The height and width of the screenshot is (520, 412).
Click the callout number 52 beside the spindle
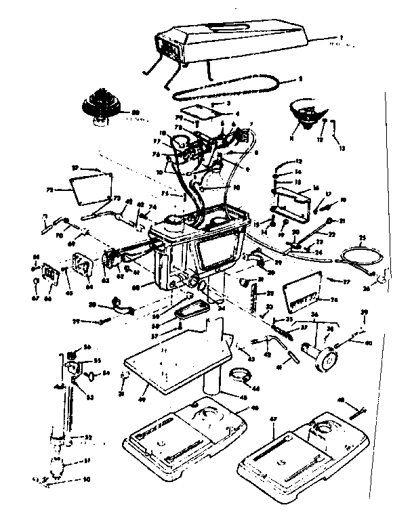coord(88,438)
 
